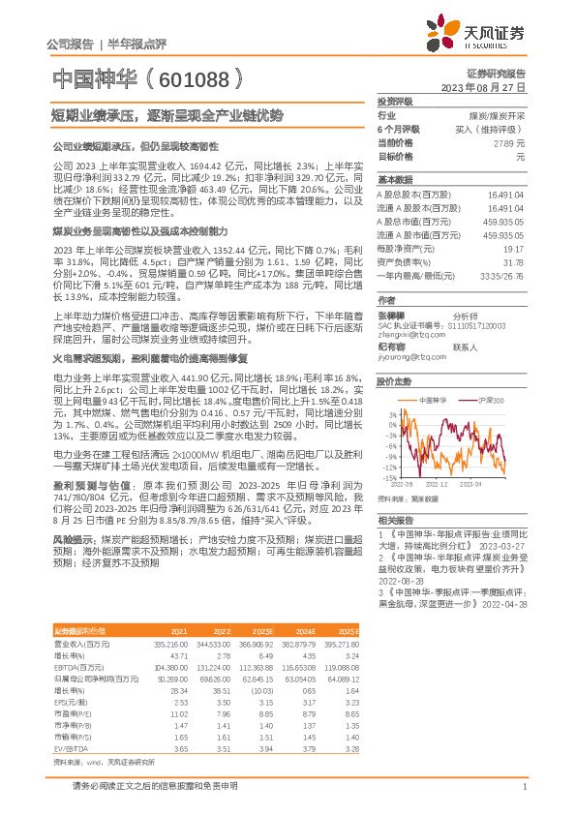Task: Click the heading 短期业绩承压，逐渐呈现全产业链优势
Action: click(x=167, y=114)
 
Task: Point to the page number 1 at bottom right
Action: click(x=523, y=787)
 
